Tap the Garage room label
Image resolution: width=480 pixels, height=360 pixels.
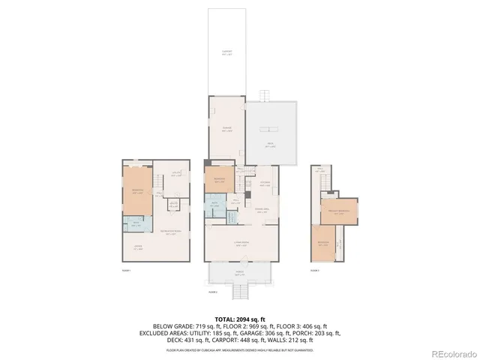click(x=226, y=128)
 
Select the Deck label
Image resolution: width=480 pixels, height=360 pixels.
click(x=271, y=146)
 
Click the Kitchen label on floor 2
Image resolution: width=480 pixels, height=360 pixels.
click(x=265, y=183)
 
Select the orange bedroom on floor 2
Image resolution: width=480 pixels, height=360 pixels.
click(x=219, y=180)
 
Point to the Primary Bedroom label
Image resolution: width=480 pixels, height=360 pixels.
click(x=339, y=211)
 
